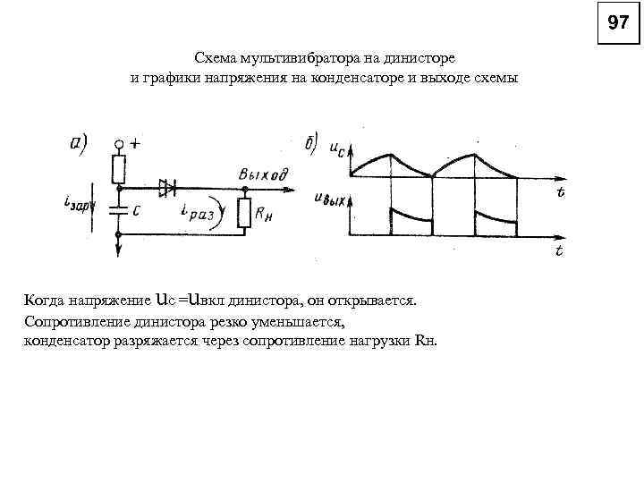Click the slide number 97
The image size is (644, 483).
(618, 23)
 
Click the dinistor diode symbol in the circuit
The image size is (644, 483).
(166, 187)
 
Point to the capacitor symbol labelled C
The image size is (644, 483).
(117, 212)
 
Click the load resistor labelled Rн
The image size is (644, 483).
(244, 212)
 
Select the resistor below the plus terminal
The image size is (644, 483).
(118, 167)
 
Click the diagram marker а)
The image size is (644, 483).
(77, 142)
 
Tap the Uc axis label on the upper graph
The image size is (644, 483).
(340, 149)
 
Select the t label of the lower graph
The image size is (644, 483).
(559, 251)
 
